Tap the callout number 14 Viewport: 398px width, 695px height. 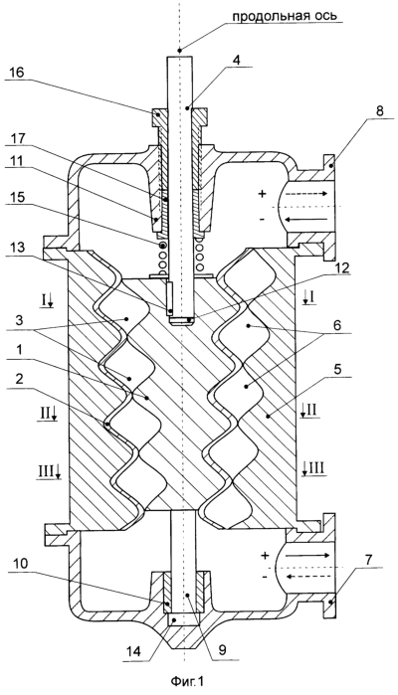pos(134,650)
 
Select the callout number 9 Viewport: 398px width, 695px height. pos(222,650)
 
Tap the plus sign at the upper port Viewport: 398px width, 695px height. pos(263,194)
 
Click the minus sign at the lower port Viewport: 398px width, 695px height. pos(265,577)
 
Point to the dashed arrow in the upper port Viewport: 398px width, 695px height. pos(305,194)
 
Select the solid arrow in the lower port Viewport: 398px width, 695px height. pos(306,555)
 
